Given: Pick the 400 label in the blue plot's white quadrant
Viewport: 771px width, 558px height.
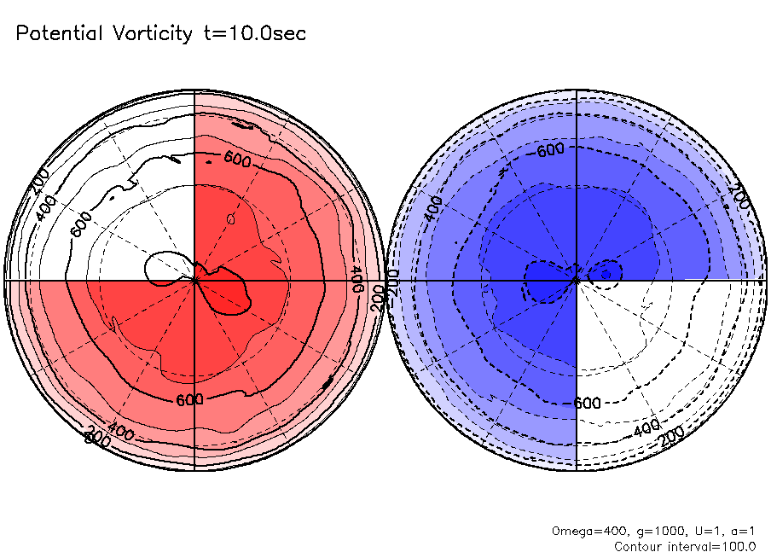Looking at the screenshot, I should point(647,425).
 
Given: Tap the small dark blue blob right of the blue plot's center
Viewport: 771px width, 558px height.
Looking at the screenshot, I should point(609,271).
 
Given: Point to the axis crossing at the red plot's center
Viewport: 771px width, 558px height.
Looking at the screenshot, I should point(194,280).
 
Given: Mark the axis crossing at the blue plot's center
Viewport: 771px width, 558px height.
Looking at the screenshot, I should point(577,280).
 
